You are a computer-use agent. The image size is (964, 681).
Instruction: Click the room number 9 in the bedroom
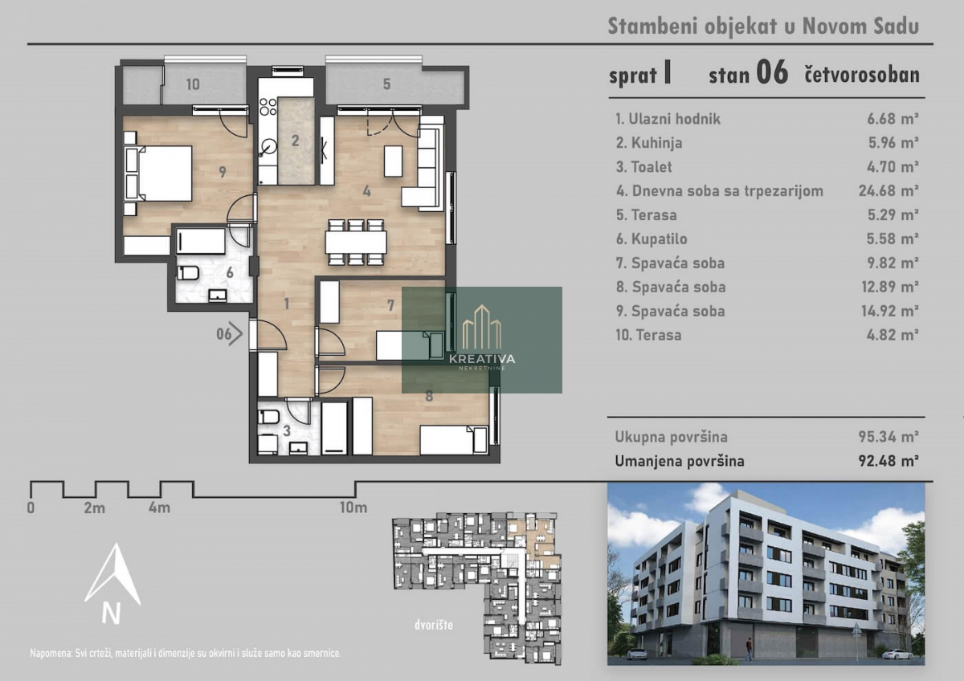pos(223,172)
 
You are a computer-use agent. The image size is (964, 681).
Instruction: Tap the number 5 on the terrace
pos(387,84)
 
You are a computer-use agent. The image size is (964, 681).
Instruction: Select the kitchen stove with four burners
pos(268,107)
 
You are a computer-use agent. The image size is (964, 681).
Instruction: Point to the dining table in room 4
pos(356,243)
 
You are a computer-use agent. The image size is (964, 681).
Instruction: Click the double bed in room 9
pos(158,173)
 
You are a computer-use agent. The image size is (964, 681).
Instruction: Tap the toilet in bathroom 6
pos(188,273)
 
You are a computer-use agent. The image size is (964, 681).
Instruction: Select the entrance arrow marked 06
pos(230,333)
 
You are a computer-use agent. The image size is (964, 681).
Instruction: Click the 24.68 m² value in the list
pos(888,190)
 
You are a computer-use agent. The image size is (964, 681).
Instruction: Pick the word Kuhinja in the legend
pos(657,143)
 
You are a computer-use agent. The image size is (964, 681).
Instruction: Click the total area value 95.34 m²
pos(888,437)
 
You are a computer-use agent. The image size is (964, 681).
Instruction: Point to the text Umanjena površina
pos(680,461)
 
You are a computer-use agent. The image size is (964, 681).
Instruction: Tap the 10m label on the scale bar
pos(353,508)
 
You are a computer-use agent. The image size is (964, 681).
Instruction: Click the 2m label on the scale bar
pos(95,508)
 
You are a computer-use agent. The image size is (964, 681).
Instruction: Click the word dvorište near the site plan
pos(434,624)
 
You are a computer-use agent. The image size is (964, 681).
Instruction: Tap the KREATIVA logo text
pos(482,358)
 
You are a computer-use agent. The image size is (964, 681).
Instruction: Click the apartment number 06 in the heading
pos(772,73)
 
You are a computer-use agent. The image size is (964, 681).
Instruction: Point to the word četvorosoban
pos(862,75)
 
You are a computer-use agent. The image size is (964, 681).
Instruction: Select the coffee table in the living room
pos(394,161)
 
